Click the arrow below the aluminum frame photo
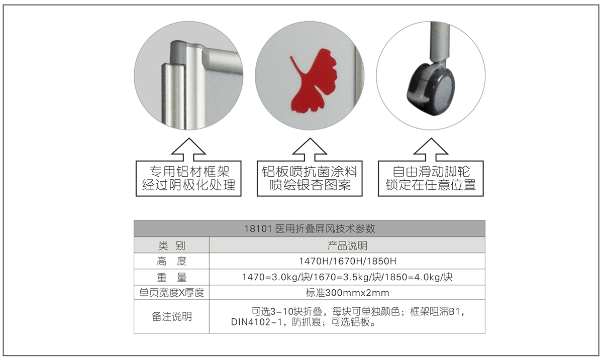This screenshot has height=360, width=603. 189,150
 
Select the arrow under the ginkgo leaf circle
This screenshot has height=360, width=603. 310,150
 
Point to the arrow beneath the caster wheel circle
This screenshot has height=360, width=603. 431,150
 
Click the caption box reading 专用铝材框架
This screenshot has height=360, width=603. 188,179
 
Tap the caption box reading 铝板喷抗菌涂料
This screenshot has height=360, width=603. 310,179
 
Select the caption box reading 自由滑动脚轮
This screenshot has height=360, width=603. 431,179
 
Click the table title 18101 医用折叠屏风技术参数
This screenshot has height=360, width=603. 310,228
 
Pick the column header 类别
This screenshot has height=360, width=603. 172,246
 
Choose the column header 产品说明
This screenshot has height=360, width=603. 347,246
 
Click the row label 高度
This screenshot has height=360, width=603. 172,261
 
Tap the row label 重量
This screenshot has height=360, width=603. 172,277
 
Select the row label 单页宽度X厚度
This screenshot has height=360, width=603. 172,293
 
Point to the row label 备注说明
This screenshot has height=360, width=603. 172,317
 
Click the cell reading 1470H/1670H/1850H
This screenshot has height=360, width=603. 348,261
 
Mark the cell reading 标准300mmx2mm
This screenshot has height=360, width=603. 348,293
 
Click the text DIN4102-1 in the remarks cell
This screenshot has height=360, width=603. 256,322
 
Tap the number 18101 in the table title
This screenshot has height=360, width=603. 258,229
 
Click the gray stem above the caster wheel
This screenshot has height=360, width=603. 440,41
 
